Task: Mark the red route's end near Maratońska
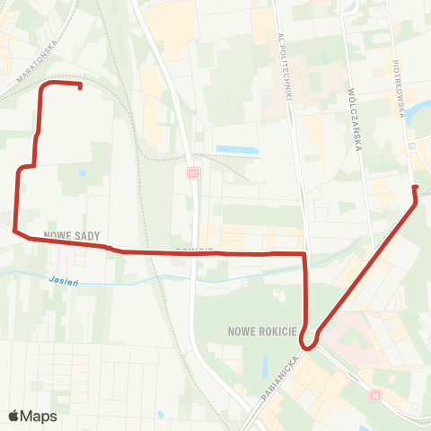click(x=81, y=87)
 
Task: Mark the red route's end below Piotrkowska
click(x=415, y=187)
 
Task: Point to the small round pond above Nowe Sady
click(x=83, y=172)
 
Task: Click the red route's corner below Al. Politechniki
click(x=305, y=255)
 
